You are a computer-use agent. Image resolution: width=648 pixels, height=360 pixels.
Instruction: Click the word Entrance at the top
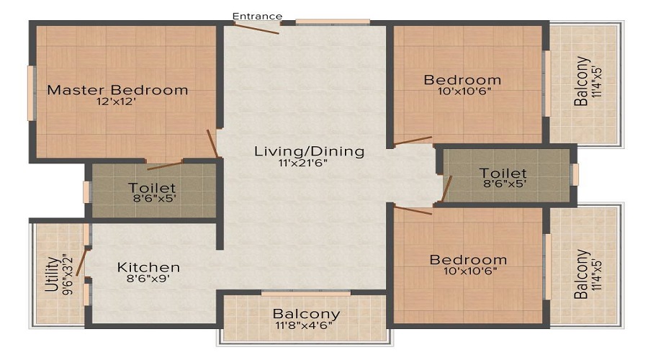[x=257, y=16]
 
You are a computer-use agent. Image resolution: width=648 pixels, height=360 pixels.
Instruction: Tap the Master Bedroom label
[x=117, y=90]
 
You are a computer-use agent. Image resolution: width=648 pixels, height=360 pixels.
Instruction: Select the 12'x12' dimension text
[x=116, y=102]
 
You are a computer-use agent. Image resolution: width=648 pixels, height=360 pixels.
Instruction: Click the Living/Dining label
[x=309, y=151]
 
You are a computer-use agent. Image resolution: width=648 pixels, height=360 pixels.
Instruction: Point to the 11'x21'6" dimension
[x=302, y=163]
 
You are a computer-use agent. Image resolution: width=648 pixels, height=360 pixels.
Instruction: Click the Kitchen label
[x=148, y=267]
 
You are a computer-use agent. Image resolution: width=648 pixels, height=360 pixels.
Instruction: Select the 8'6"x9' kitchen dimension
[x=148, y=279]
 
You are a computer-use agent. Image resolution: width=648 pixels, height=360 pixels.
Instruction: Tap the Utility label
[x=51, y=274]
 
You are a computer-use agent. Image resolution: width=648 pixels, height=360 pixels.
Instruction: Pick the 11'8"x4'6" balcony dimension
[x=304, y=325]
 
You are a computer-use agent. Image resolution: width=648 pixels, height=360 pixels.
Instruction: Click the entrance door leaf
[x=256, y=28]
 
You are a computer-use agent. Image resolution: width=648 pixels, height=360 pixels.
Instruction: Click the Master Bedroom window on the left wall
[x=30, y=93]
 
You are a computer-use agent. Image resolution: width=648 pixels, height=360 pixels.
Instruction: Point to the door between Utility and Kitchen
[x=81, y=263]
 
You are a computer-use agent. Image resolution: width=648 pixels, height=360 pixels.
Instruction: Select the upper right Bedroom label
[x=462, y=80]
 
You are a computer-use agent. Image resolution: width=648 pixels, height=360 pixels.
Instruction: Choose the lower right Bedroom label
[x=468, y=260]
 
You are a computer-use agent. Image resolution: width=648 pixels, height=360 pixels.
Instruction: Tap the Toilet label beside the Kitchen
[x=152, y=188]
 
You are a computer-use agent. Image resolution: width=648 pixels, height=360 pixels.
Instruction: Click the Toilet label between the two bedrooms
[x=503, y=174]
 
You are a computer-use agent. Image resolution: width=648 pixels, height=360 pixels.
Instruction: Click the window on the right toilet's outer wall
[x=575, y=174]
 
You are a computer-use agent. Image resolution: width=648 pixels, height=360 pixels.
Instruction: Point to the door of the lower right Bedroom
[x=413, y=210]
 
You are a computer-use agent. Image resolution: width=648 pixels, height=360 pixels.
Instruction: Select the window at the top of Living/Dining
[x=333, y=22]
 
